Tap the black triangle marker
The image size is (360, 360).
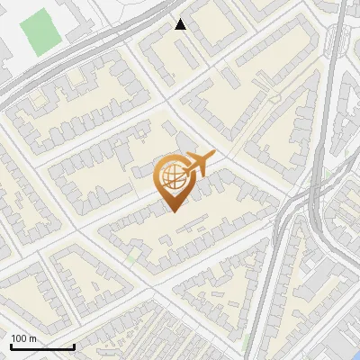point(181,25)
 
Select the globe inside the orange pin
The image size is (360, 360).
point(171,176)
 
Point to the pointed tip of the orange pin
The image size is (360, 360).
point(173,211)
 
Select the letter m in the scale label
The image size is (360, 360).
point(33,338)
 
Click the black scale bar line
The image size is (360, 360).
point(41,347)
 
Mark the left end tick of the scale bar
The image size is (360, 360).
point(10,346)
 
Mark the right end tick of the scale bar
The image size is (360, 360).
point(74,346)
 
